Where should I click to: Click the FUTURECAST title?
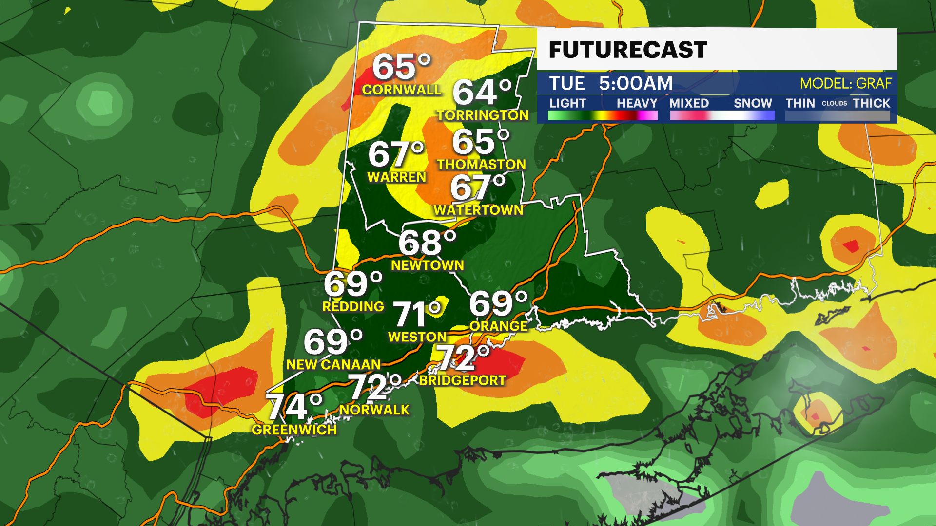click(627, 50)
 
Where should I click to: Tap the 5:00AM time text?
click(636, 83)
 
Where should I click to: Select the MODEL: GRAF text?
click(845, 84)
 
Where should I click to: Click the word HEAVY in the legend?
click(637, 103)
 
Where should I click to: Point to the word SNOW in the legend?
click(753, 103)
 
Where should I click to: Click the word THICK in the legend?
click(871, 103)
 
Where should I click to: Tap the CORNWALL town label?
click(401, 90)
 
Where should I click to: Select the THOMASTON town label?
click(481, 165)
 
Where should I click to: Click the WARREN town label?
click(396, 177)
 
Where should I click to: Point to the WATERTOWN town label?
click(478, 210)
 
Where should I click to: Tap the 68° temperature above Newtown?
click(427, 243)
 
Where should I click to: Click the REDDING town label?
click(353, 307)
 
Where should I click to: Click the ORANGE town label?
click(498, 326)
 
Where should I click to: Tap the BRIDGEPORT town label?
click(462, 380)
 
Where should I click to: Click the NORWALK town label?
click(374, 410)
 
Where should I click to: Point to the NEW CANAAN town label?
click(333, 365)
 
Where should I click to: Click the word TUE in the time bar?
click(566, 83)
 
